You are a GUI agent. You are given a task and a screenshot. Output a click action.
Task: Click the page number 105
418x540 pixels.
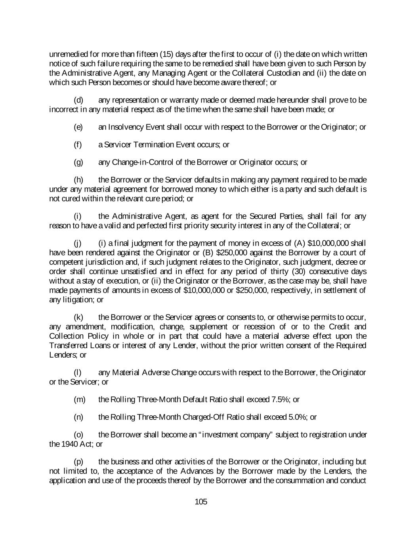point(201,502)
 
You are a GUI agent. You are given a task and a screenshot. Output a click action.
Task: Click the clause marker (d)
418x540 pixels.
point(78,100)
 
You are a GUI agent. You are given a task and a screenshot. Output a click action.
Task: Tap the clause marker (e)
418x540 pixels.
point(78,127)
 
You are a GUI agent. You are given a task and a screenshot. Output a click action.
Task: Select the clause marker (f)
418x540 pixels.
point(78,144)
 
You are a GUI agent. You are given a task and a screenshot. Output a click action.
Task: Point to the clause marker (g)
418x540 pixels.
point(78,162)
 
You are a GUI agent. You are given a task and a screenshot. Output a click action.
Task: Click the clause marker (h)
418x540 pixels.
point(78,180)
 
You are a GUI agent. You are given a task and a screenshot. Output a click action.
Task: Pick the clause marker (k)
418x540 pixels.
point(78,317)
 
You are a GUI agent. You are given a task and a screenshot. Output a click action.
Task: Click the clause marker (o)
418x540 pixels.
point(78,435)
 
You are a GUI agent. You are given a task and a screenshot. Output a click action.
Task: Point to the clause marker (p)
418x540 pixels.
point(78,462)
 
